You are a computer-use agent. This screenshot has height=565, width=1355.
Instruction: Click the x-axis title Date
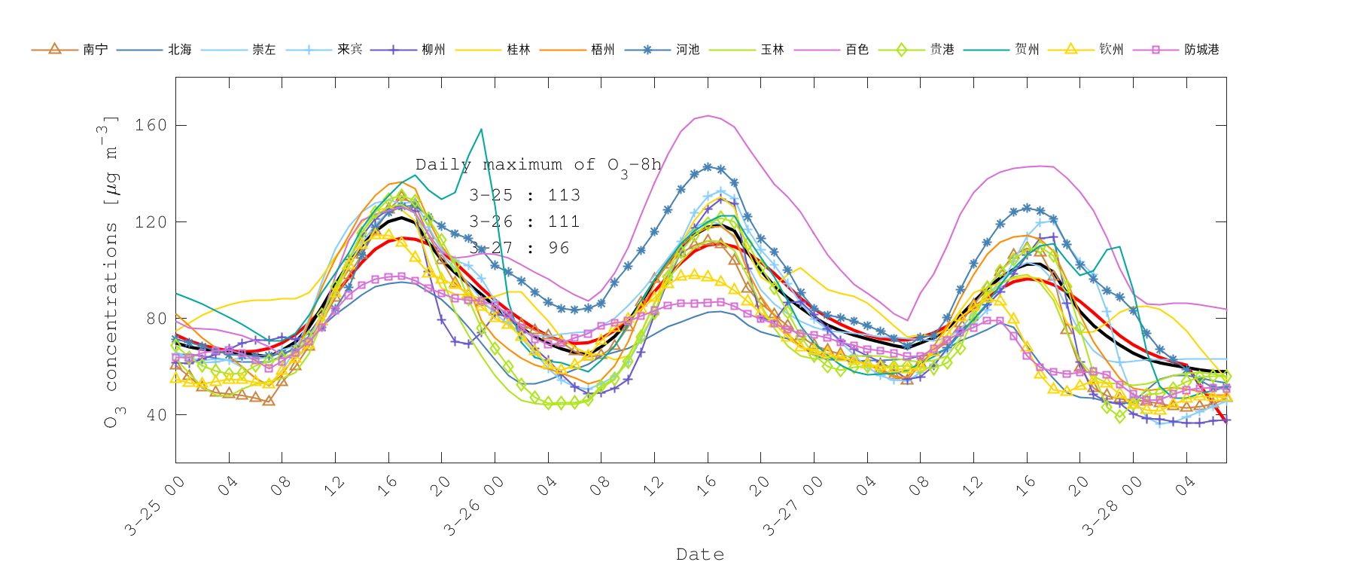pyautogui.click(x=700, y=554)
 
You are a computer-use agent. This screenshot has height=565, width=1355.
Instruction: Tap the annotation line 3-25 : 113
pyautogui.click(x=525, y=196)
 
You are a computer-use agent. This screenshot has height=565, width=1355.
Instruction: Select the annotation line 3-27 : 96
pyautogui.click(x=519, y=249)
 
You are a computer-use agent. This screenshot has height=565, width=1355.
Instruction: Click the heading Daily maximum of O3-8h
pyautogui.click(x=538, y=165)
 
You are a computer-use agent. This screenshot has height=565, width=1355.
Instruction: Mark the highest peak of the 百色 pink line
pyautogui.click(x=708, y=115)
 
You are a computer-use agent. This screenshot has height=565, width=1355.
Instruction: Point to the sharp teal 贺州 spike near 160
pyautogui.click(x=481, y=130)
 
